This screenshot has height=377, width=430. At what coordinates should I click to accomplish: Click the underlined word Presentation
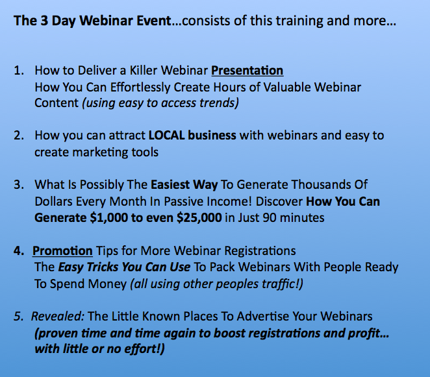247,71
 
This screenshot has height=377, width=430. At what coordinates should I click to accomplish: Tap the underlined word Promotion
62,250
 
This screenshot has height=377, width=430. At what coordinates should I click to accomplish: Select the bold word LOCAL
166,136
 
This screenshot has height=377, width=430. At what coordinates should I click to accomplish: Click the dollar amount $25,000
199,218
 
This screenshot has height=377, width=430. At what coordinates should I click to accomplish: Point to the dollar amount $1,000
109,218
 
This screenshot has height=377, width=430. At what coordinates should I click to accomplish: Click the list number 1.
19,71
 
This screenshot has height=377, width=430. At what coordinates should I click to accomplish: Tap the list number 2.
19,136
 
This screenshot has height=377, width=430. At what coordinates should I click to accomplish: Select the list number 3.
19,185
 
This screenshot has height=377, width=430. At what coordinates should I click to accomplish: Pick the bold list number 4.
19,250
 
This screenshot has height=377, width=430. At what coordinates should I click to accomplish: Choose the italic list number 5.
19,317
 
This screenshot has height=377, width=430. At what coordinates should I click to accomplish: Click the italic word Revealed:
58,317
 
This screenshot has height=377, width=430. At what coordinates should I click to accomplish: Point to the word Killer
144,71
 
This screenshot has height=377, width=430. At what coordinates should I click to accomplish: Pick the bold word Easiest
170,185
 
